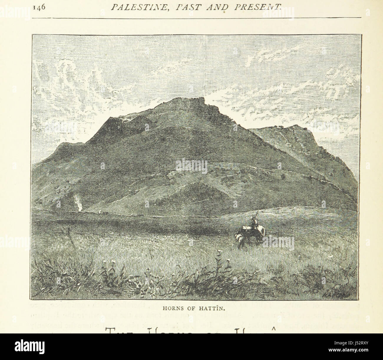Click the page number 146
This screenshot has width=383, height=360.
[x=39, y=8]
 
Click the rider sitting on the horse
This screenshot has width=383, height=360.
[x=253, y=223]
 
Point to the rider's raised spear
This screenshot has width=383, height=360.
[x=255, y=213]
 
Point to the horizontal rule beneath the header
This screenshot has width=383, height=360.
[x=197, y=18]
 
